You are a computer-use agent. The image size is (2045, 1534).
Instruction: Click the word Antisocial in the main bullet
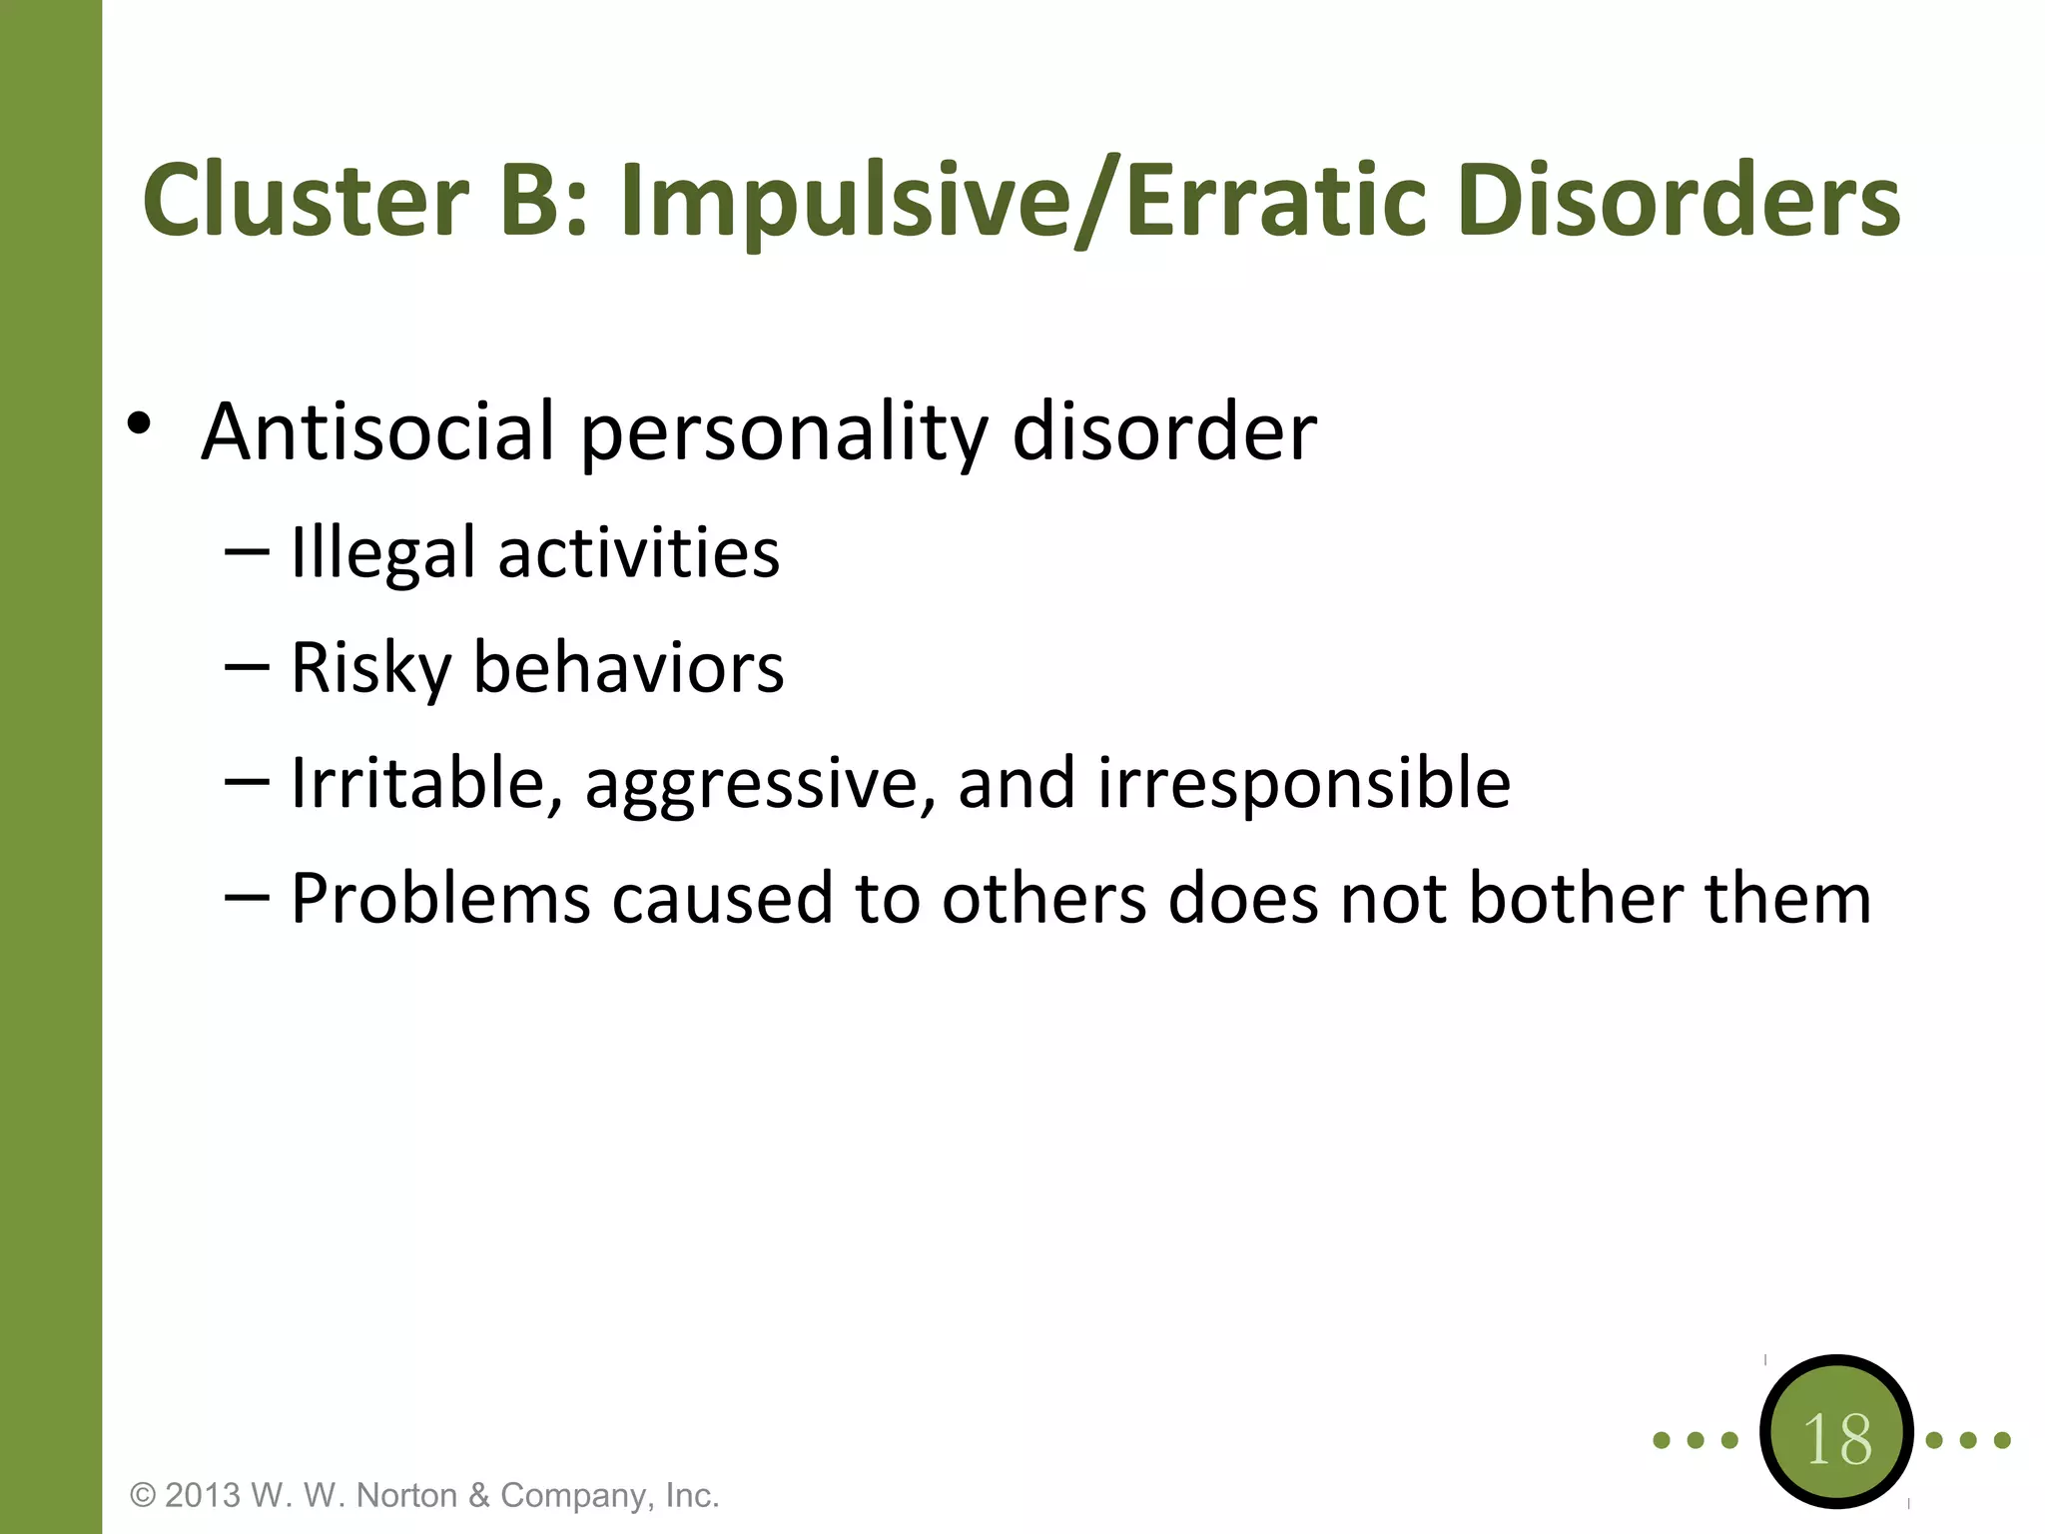pyautogui.click(x=377, y=431)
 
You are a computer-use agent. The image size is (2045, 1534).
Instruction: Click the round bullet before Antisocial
pyautogui.click(x=139, y=424)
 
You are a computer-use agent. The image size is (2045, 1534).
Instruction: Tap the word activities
pyautogui.click(x=639, y=552)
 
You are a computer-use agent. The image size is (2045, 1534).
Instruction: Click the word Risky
pyautogui.click(x=371, y=667)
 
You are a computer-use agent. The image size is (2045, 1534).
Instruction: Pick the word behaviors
pyautogui.click(x=628, y=667)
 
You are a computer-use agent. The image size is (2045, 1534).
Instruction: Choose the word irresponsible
pyautogui.click(x=1304, y=784)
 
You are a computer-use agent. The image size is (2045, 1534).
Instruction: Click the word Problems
pyautogui.click(x=440, y=898)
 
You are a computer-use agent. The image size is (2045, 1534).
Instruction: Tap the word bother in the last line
pyautogui.click(x=1576, y=898)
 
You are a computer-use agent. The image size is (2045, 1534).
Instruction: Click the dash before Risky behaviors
pyautogui.click(x=247, y=666)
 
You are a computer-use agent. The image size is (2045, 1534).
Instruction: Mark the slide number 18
pyautogui.click(x=1836, y=1439)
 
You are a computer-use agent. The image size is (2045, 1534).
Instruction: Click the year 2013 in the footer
pyautogui.click(x=203, y=1495)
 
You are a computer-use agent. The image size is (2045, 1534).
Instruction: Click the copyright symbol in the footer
pyautogui.click(x=144, y=1495)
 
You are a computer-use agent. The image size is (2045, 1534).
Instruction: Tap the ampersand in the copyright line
pyautogui.click(x=479, y=1495)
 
